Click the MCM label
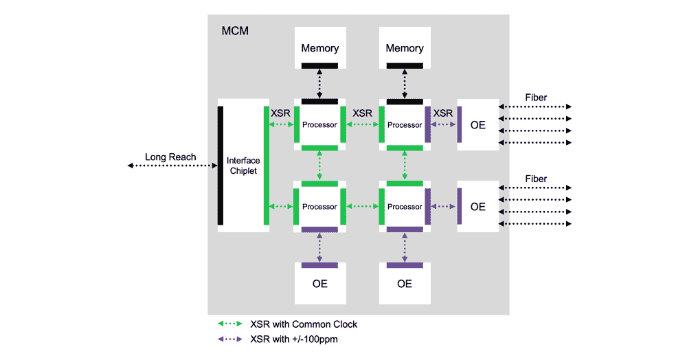(235, 31)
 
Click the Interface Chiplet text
(243, 166)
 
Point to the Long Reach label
(170, 157)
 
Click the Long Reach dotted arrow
(172, 166)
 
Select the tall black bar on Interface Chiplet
(221, 166)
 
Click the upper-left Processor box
(319, 124)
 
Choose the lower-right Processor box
(405, 207)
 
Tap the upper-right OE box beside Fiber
(478, 124)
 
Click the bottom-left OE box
(319, 283)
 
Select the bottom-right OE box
(405, 283)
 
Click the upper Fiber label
(536, 98)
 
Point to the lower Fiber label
(536, 179)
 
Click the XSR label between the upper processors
(362, 113)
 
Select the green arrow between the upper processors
(362, 124)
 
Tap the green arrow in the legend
(231, 324)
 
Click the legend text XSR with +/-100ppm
(294, 339)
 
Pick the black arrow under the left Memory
(319, 83)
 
